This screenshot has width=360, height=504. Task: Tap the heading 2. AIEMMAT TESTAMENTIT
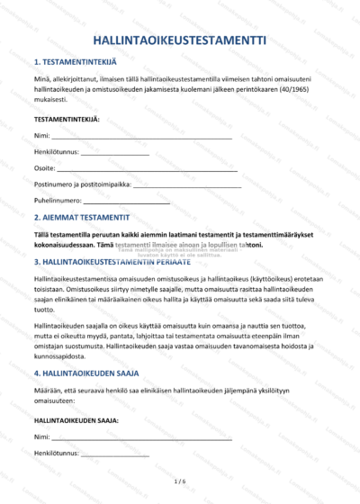tap(82, 218)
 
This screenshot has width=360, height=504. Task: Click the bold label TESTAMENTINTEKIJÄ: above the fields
tap(67, 119)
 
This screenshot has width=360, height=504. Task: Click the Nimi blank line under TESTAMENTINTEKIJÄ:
tap(141, 137)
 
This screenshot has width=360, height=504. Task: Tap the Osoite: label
tap(44, 168)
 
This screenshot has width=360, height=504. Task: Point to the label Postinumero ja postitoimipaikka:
tap(82, 184)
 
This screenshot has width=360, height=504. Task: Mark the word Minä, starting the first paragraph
tap(41, 81)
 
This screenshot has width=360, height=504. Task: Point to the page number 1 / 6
tap(179, 482)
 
